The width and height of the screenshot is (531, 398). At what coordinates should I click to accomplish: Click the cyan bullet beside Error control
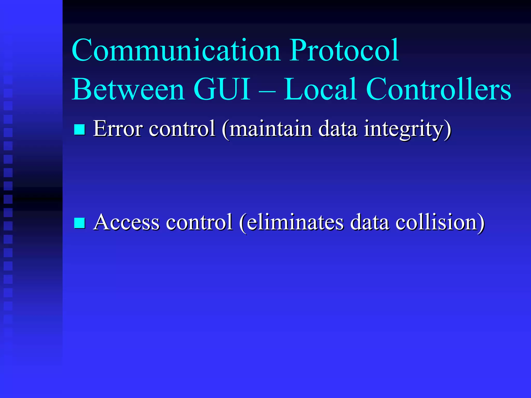[80, 129]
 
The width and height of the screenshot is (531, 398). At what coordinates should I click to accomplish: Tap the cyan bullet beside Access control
[80, 223]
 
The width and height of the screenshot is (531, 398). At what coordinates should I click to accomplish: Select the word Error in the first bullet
[118, 128]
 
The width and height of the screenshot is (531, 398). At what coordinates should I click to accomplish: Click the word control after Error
[182, 128]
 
